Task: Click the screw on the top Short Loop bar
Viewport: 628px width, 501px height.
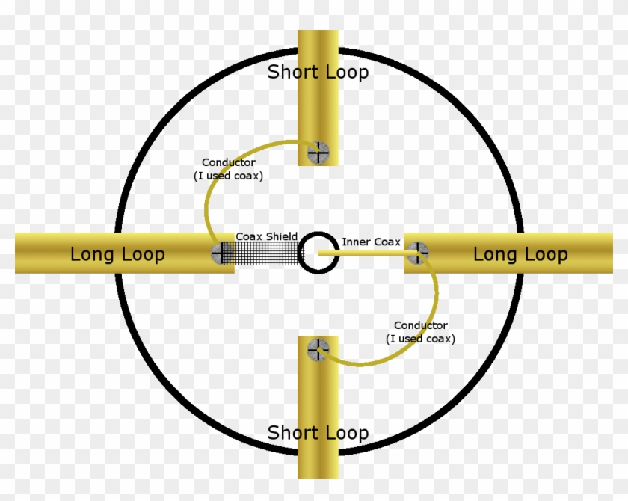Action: (318, 153)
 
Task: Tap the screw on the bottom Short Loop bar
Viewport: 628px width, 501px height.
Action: (318, 350)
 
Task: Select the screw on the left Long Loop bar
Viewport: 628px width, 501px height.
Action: (222, 253)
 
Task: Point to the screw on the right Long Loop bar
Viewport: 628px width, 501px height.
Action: (417, 253)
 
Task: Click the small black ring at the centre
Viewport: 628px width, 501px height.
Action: (300, 253)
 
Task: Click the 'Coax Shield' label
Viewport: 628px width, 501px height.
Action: (267, 236)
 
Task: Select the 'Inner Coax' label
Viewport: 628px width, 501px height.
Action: (371, 242)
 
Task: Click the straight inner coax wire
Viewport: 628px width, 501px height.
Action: (368, 253)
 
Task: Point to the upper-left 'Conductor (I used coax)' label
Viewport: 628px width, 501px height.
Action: (228, 169)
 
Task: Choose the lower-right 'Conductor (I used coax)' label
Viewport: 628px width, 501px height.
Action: (420, 332)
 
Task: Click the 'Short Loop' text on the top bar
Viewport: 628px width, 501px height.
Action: (318, 72)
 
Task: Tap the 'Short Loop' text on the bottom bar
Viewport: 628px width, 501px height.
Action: (318, 433)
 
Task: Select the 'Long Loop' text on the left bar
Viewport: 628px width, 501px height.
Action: (118, 254)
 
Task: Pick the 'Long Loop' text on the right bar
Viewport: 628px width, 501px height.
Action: (520, 254)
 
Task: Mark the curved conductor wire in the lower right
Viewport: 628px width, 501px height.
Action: (436, 296)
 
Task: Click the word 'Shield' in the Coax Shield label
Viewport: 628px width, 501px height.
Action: (283, 236)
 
